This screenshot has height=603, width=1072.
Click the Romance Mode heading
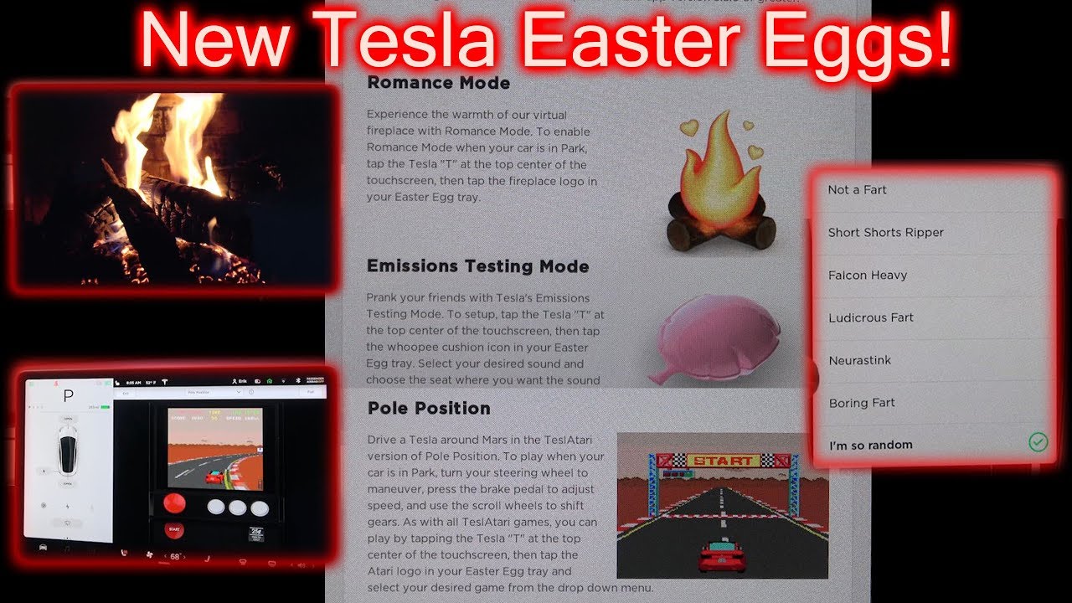pyautogui.click(x=438, y=83)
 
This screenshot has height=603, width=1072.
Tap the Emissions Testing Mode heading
pyautogui.click(x=477, y=266)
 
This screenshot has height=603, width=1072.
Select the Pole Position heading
pyautogui.click(x=429, y=409)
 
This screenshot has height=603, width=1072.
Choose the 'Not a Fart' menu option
pyautogui.click(x=857, y=190)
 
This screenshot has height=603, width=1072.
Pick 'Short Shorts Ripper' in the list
pyautogui.click(x=885, y=233)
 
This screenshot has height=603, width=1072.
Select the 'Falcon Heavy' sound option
pyautogui.click(x=868, y=276)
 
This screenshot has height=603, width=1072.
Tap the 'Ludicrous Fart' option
pyautogui.click(x=871, y=318)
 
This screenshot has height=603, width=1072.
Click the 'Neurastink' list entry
pyautogui.click(x=859, y=361)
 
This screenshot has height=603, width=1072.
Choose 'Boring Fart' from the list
pyautogui.click(x=862, y=404)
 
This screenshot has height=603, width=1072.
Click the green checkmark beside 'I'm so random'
pyautogui.click(x=1038, y=442)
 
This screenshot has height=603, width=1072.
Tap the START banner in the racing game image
pyautogui.click(x=723, y=460)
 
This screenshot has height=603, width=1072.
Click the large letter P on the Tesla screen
pyautogui.click(x=69, y=396)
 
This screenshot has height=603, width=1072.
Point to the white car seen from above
pyautogui.click(x=68, y=453)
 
